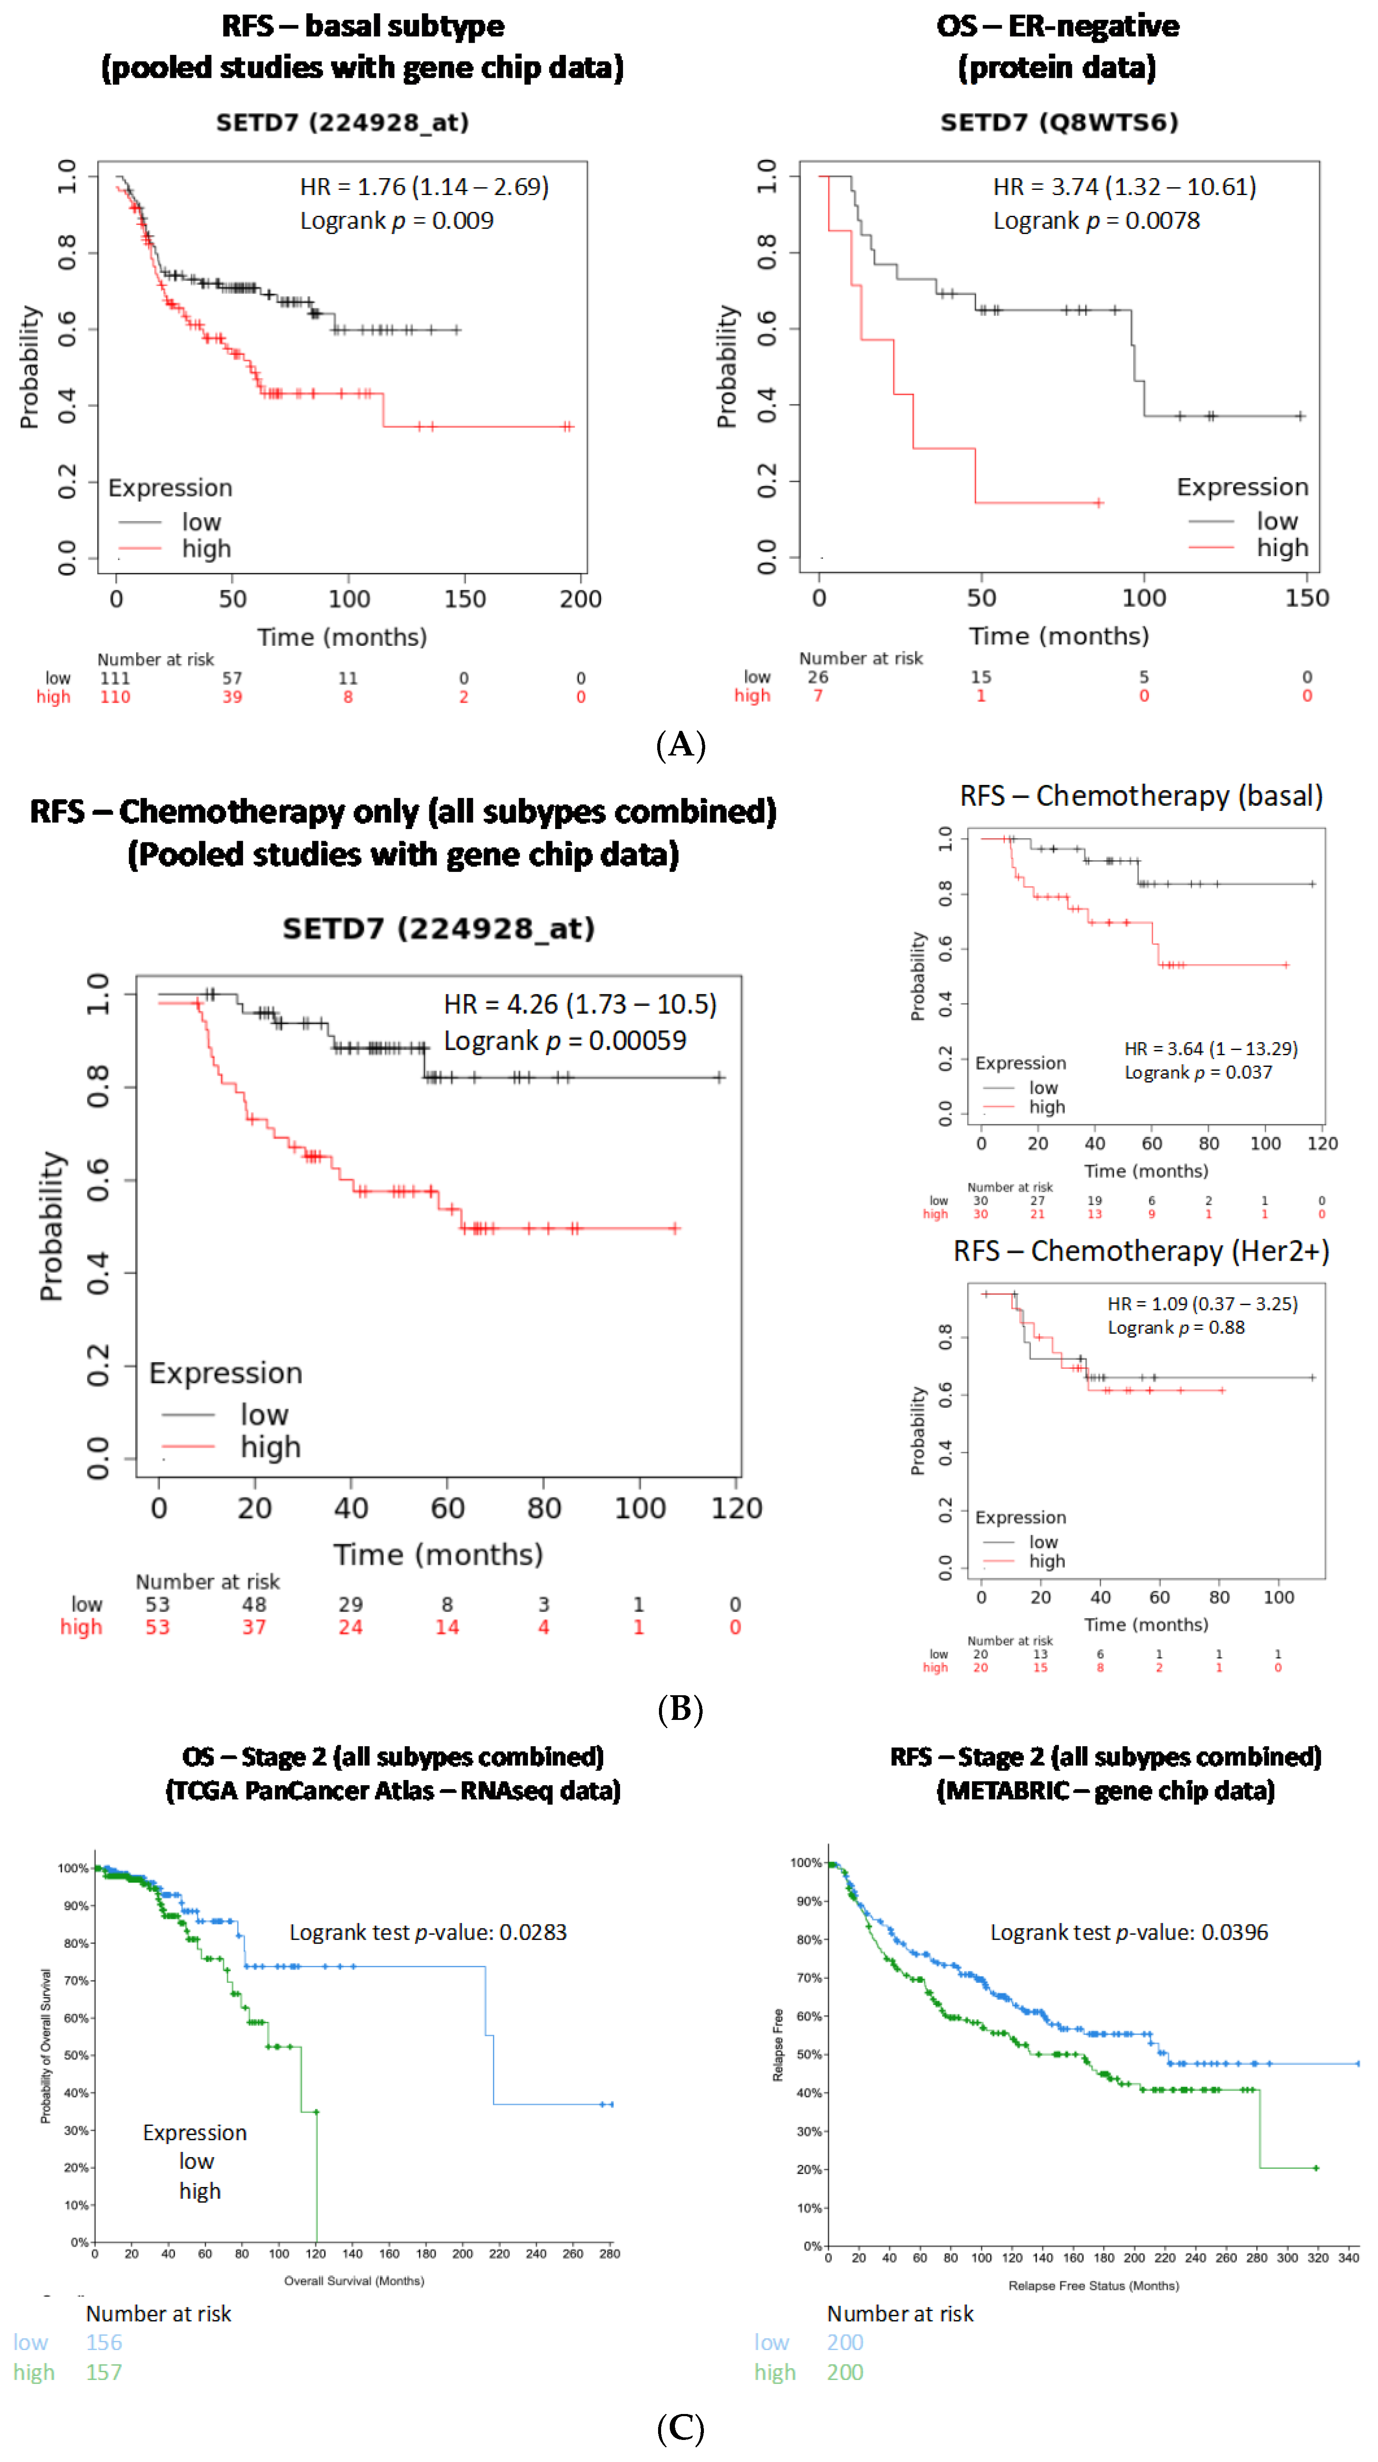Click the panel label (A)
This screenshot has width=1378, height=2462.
pos(681,745)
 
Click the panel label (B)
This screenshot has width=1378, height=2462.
pos(681,1708)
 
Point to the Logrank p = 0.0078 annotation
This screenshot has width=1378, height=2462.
pos(1096,221)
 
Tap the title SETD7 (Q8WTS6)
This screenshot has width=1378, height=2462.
pos(1059,122)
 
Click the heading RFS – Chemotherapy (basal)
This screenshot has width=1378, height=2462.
pos(1141,796)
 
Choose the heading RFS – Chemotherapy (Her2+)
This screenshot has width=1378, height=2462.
pos(1141,1251)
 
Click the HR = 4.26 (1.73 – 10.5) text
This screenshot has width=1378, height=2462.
pos(580,1005)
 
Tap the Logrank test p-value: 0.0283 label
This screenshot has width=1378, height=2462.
pos(428,1933)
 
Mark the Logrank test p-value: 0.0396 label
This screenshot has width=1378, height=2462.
pos(1129,1933)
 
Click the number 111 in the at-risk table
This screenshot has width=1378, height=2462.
pos(115,678)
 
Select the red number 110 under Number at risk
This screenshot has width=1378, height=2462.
pos(115,697)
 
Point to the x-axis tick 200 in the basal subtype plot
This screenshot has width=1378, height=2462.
pos(580,599)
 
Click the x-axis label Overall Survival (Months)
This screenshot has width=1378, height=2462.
pos(354,2280)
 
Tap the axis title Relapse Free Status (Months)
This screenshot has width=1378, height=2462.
pos(1093,2285)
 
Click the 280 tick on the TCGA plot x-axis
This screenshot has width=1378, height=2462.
pos(609,2254)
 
